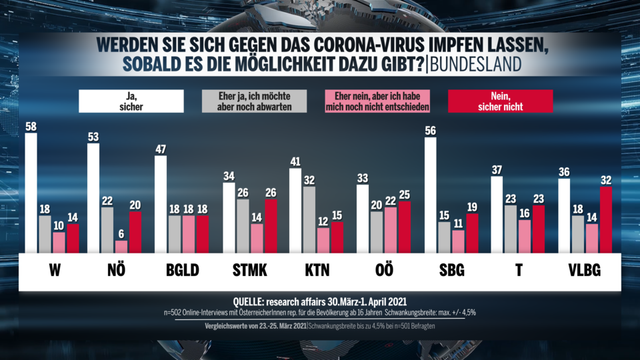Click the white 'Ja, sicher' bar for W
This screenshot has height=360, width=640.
click(x=31, y=193)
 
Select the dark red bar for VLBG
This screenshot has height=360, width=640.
click(x=605, y=219)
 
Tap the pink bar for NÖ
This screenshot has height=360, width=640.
click(x=121, y=247)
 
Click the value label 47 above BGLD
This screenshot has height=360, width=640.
click(x=161, y=149)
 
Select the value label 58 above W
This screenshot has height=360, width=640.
click(x=31, y=127)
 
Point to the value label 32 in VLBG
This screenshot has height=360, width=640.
click(x=605, y=180)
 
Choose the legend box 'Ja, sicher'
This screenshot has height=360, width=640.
click(x=131, y=101)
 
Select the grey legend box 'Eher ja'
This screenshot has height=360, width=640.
click(x=254, y=101)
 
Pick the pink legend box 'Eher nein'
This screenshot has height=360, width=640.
click(x=377, y=101)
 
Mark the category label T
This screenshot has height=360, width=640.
click(x=519, y=271)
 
